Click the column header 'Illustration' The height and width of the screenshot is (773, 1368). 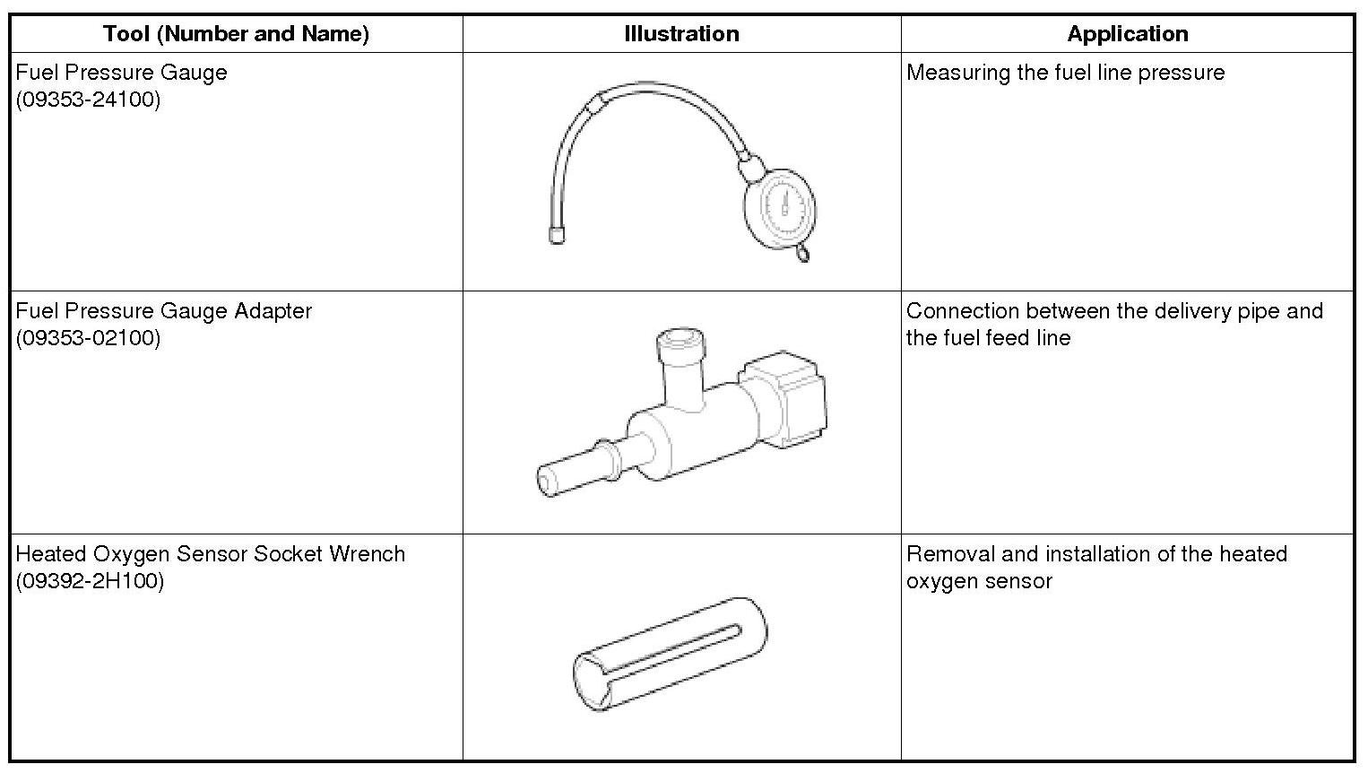click(681, 33)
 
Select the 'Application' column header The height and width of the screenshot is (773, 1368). click(1128, 33)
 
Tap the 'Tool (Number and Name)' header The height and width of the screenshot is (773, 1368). click(237, 33)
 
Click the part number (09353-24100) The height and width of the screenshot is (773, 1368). click(88, 99)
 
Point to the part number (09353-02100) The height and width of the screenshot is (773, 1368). click(88, 337)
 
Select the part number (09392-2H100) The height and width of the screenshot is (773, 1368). click(90, 580)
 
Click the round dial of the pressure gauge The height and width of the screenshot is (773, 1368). click(780, 209)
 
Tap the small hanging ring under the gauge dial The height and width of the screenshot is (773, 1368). click(803, 253)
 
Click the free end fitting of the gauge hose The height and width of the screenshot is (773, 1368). click(557, 237)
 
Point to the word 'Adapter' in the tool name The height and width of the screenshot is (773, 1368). click(273, 312)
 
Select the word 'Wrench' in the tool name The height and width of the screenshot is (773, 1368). click(367, 553)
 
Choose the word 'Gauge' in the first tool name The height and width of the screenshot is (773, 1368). click(194, 73)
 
